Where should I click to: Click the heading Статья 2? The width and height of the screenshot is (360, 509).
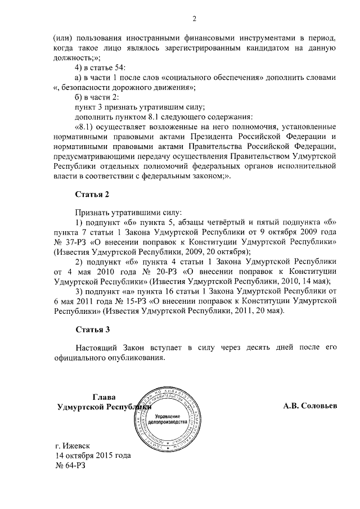coord(90,195)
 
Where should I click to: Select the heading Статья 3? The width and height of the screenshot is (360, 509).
coord(90,329)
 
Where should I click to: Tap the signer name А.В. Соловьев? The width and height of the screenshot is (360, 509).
coord(310,406)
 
